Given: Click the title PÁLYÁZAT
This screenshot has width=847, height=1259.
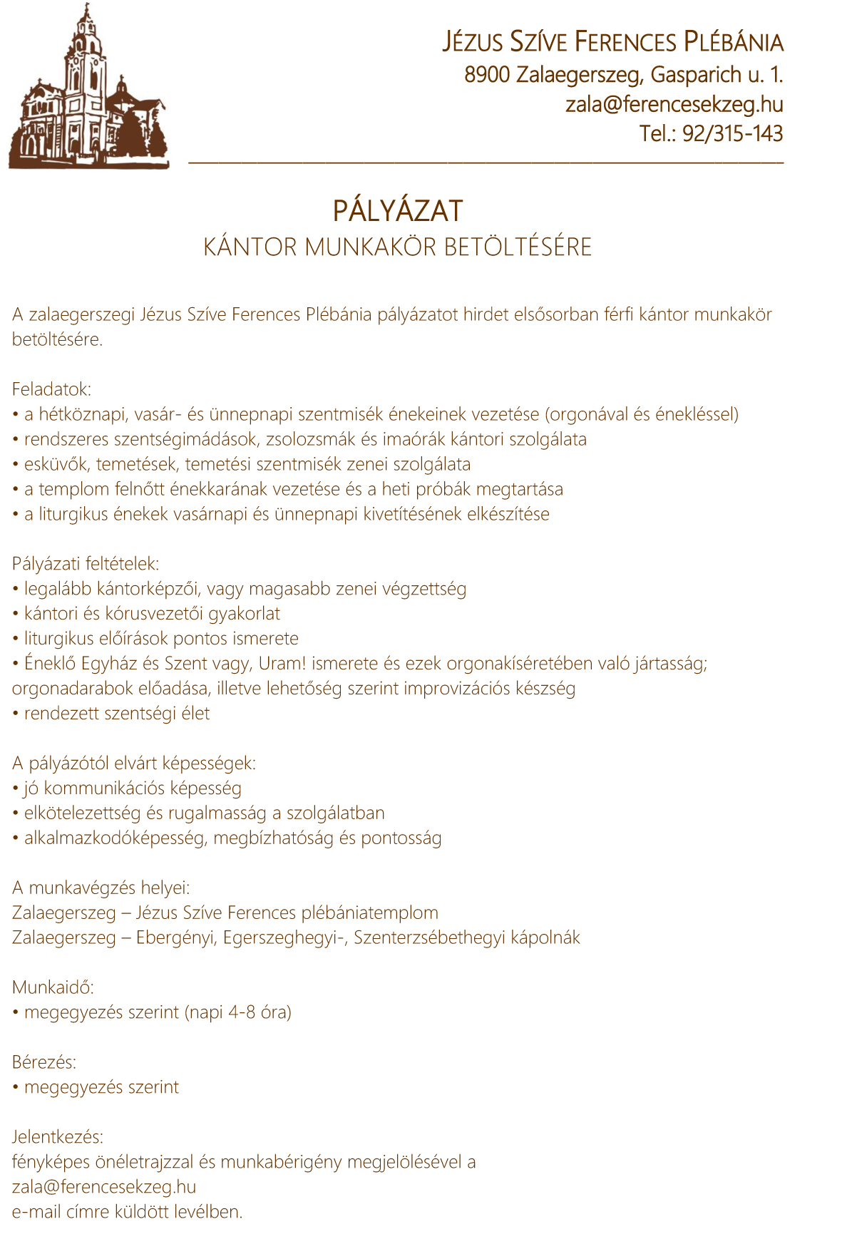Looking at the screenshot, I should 398,211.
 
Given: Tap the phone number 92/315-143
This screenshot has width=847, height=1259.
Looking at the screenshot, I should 732,134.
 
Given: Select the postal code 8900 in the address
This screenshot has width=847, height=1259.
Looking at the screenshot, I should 487,74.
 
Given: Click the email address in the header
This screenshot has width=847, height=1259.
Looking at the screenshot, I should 674,104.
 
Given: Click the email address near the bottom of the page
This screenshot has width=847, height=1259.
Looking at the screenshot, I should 104,1187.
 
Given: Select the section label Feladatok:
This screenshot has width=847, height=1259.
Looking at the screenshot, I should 52,389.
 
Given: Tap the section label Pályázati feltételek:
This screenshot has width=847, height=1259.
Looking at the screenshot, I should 86,564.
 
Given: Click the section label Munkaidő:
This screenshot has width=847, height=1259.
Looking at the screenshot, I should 53,987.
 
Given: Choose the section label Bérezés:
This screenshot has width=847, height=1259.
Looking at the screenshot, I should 44,1062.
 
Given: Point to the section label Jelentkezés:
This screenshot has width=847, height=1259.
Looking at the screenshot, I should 58,1137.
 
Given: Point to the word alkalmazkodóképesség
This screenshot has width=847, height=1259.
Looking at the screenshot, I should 114,838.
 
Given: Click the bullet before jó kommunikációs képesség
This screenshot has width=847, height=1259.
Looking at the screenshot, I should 16,788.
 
